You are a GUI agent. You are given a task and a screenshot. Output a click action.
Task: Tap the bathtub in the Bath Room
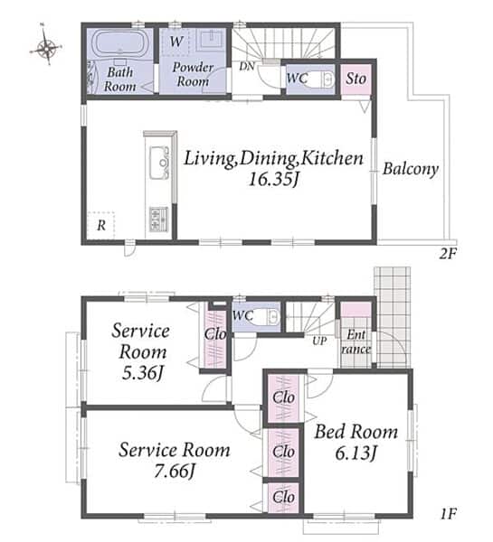(119, 44)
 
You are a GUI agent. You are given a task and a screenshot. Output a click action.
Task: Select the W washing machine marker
(175, 42)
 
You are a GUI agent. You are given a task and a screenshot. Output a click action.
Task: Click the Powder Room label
(193, 74)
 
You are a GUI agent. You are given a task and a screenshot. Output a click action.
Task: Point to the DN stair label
(247, 66)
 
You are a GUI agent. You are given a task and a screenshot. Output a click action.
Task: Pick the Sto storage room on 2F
(356, 79)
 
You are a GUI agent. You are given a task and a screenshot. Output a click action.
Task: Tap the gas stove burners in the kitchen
(158, 220)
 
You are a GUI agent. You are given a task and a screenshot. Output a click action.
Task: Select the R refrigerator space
(100, 225)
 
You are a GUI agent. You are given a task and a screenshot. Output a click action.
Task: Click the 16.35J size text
(273, 180)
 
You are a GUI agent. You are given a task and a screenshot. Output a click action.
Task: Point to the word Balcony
(411, 169)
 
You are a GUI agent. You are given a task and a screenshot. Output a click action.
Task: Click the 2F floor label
(448, 254)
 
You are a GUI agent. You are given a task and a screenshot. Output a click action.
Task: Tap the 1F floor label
(449, 514)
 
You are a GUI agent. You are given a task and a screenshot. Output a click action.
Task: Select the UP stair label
(319, 341)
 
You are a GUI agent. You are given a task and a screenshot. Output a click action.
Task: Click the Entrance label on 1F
(356, 341)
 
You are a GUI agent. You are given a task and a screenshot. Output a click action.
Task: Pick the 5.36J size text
(142, 373)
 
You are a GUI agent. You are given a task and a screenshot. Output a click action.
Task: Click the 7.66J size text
(175, 471)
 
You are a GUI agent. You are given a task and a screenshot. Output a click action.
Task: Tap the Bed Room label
(356, 432)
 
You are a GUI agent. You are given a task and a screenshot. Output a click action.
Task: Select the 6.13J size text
(356, 453)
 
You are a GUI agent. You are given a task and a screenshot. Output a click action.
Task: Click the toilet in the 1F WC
(266, 317)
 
